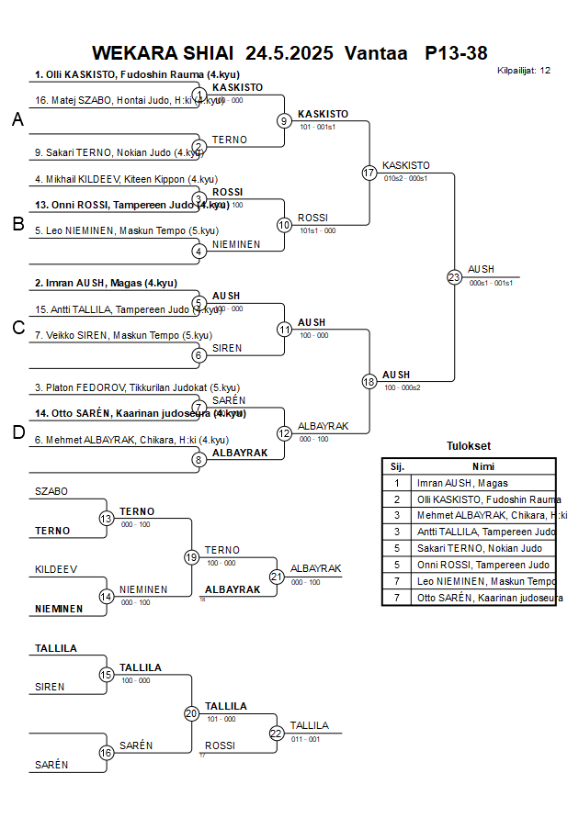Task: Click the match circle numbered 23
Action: tap(454, 277)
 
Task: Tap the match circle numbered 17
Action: tap(369, 173)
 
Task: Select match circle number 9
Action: tap(284, 120)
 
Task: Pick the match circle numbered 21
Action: tap(277, 577)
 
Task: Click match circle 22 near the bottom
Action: tap(277, 733)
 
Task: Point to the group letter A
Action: tap(17, 119)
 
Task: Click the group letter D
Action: tap(17, 432)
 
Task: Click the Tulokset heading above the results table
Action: tap(469, 446)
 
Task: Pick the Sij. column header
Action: tap(397, 465)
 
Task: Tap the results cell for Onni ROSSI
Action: tap(483, 565)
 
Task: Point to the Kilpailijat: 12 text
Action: tap(524, 70)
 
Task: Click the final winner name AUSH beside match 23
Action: tap(481, 269)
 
